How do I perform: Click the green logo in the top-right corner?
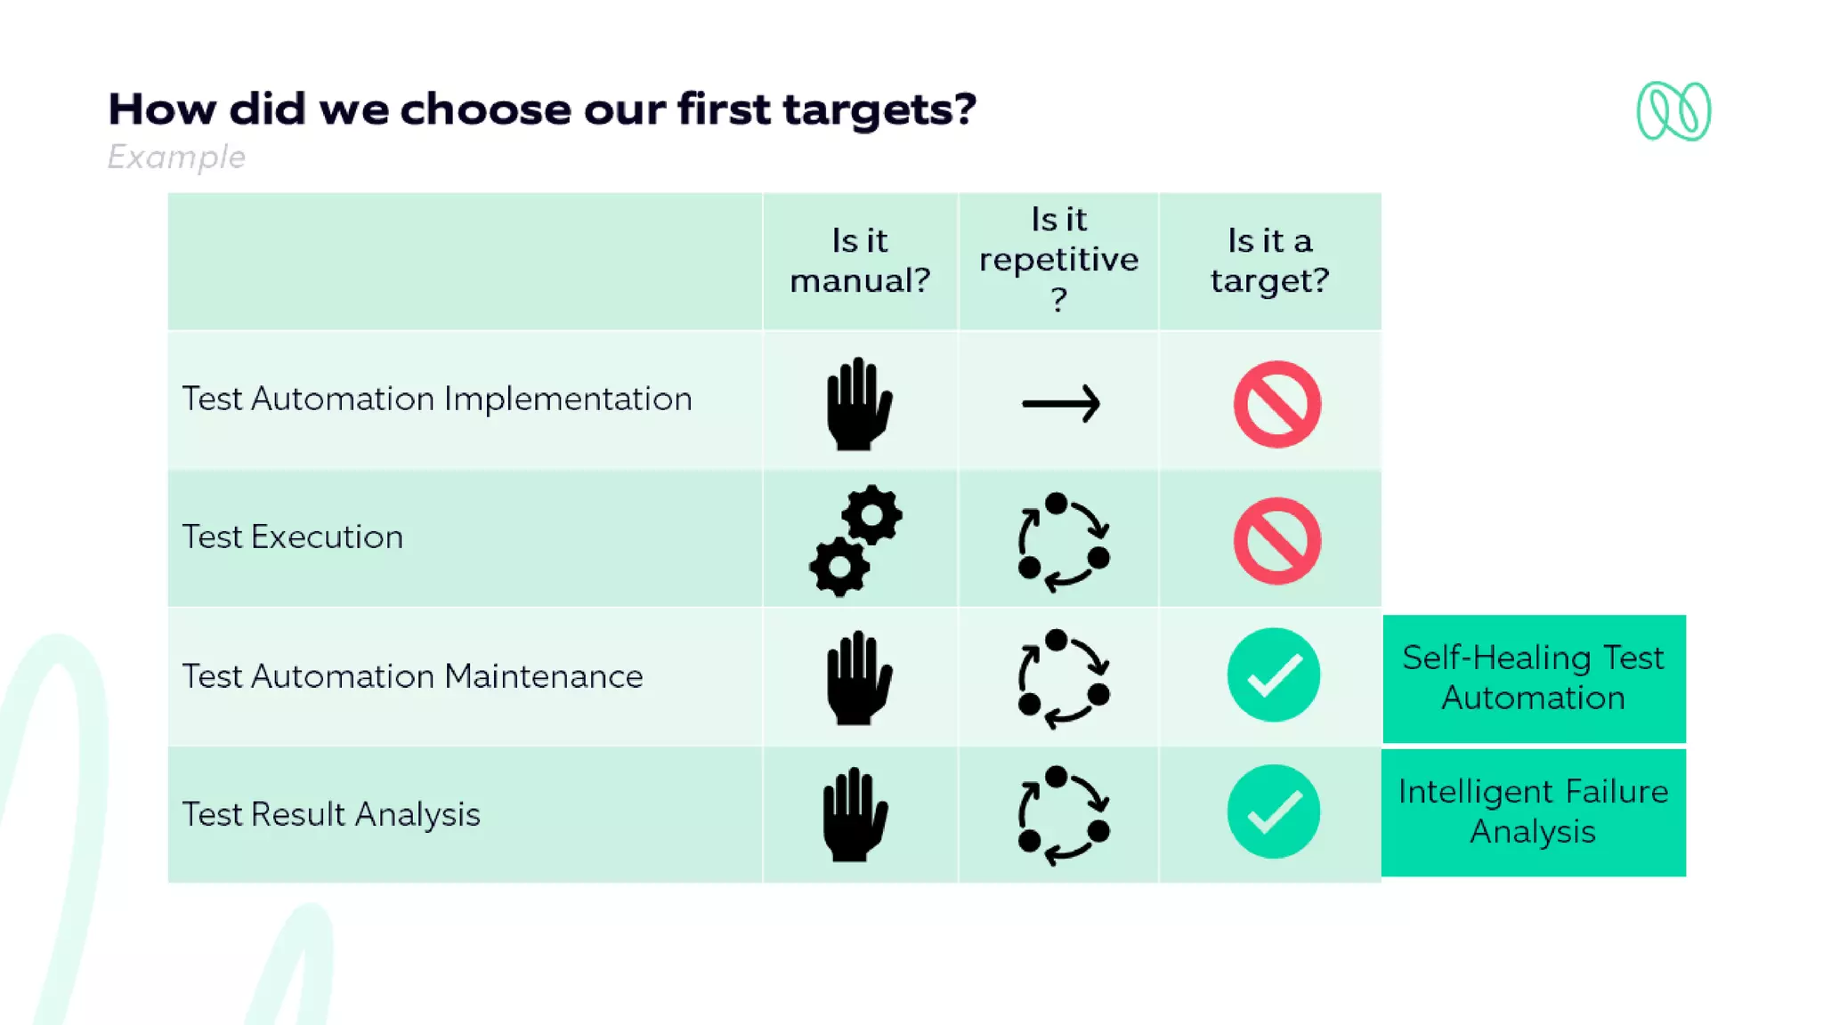pyautogui.click(x=1673, y=111)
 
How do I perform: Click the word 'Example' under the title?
pyautogui.click(x=176, y=157)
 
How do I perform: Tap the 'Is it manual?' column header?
pyautogui.click(x=860, y=261)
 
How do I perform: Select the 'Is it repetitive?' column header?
pyautogui.click(x=1058, y=259)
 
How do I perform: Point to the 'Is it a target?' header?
pyautogui.click(x=1269, y=261)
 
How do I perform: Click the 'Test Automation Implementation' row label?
pyautogui.click(x=437, y=400)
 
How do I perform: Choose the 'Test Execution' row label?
pyautogui.click(x=293, y=537)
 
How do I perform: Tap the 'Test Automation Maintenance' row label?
pyautogui.click(x=412, y=677)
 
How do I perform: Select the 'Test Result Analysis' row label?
pyautogui.click(x=331, y=815)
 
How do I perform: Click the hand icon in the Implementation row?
pyautogui.click(x=858, y=404)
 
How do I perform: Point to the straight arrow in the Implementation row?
pyautogui.click(x=1061, y=404)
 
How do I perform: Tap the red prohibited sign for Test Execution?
pyautogui.click(x=1276, y=541)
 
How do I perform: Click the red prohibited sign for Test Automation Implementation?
pyautogui.click(x=1276, y=404)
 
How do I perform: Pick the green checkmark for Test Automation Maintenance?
pyautogui.click(x=1273, y=675)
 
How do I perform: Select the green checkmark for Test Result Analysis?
pyautogui.click(x=1273, y=811)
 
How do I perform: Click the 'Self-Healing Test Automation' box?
pyautogui.click(x=1533, y=678)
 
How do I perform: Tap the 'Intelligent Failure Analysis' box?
pyautogui.click(x=1533, y=812)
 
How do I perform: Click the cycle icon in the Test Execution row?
pyautogui.click(x=1063, y=541)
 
